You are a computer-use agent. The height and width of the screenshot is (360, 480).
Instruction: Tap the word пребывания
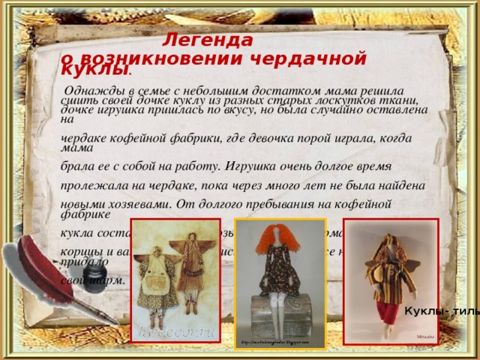click(x=286, y=202)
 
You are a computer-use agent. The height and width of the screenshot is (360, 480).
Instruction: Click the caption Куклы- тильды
click(x=442, y=312)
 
